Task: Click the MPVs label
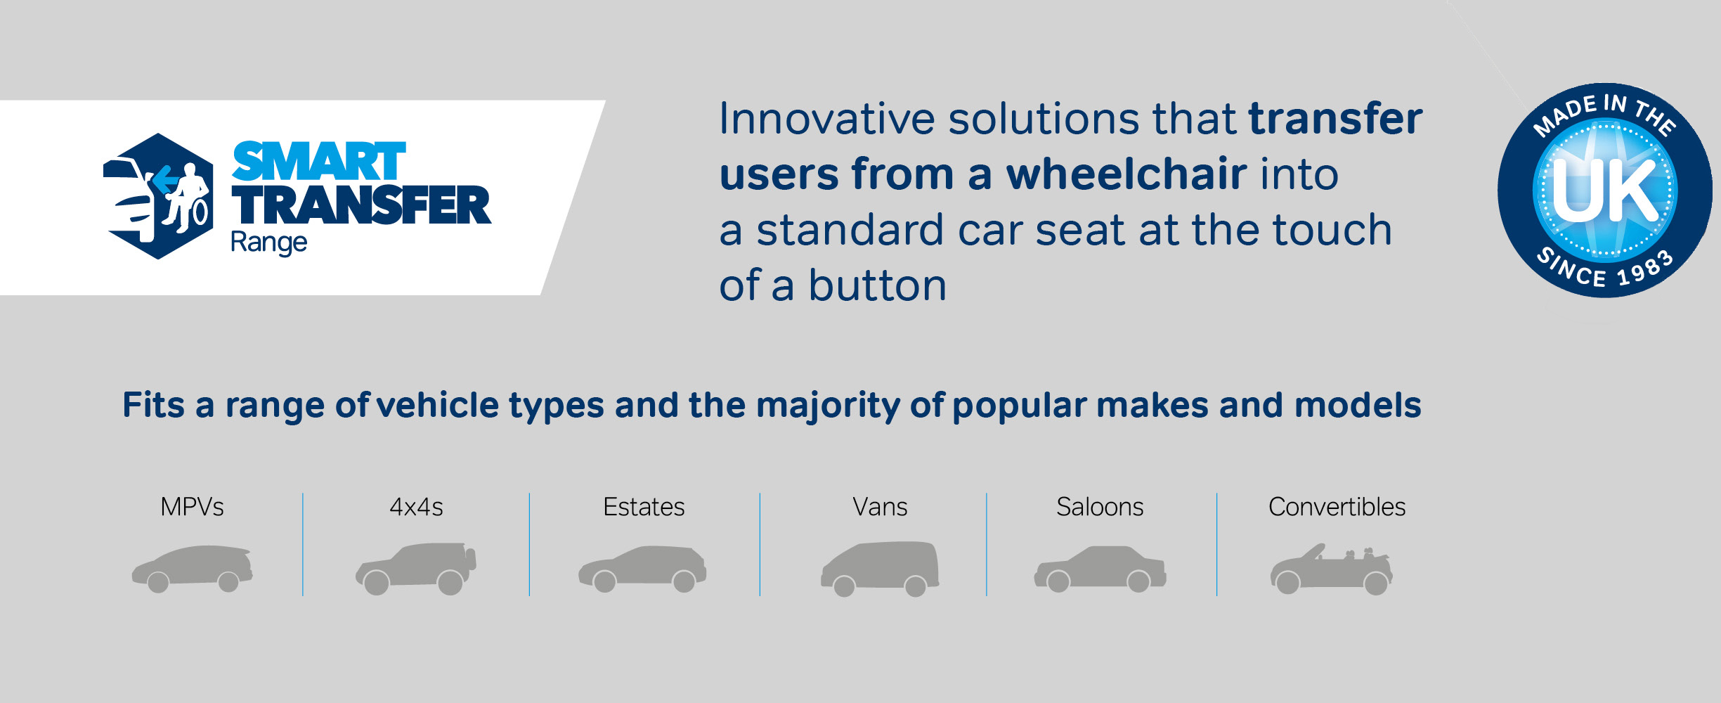pyautogui.click(x=192, y=507)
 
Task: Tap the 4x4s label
pyautogui.click(x=416, y=507)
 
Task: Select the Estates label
pyautogui.click(x=644, y=507)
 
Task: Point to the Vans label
pyautogui.click(x=880, y=507)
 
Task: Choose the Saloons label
pyautogui.click(x=1100, y=507)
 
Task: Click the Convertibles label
pyautogui.click(x=1337, y=507)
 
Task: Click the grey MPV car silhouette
pyautogui.click(x=192, y=569)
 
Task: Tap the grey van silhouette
pyautogui.click(x=880, y=569)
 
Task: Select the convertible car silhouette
pyautogui.click(x=1331, y=569)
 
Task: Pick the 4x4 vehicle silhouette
pyautogui.click(x=416, y=569)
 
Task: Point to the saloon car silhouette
pyautogui.click(x=1100, y=569)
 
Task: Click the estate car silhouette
pyautogui.click(x=642, y=569)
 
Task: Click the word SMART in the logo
pyautogui.click(x=319, y=162)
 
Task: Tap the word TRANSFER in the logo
pyautogui.click(x=362, y=205)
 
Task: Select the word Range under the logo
pyautogui.click(x=268, y=243)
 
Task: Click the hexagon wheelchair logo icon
pyautogui.click(x=158, y=196)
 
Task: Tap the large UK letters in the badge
pyautogui.click(x=1605, y=190)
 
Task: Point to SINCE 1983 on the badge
pyautogui.click(x=1605, y=269)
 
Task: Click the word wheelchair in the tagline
pyautogui.click(x=1126, y=174)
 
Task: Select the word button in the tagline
pyautogui.click(x=878, y=285)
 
